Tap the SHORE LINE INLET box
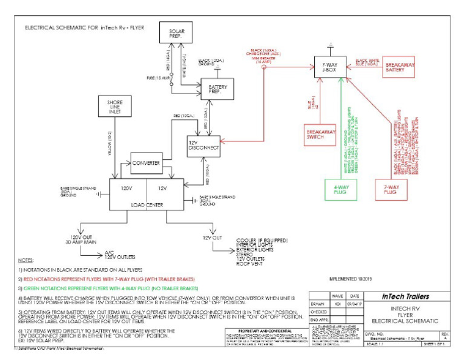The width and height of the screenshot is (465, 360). (x=115, y=107)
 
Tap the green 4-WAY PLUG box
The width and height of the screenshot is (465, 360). (x=340, y=190)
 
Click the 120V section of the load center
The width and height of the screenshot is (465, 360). (x=128, y=188)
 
